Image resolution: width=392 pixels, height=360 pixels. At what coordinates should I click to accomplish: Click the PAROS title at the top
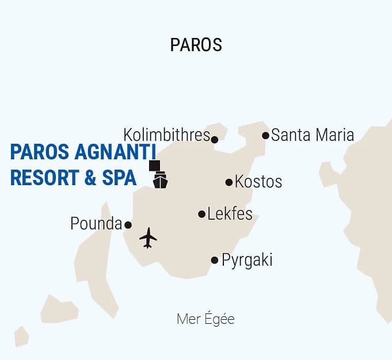tap(196, 45)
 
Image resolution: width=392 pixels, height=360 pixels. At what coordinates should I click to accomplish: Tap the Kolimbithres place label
tap(166, 135)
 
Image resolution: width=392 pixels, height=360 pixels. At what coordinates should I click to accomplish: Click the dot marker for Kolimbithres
tap(215, 139)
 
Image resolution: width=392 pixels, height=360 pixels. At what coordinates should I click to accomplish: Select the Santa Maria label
tap(312, 135)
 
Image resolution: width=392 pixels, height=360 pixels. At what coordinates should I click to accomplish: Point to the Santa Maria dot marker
tap(265, 136)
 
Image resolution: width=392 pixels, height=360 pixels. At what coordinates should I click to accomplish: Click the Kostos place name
tap(258, 182)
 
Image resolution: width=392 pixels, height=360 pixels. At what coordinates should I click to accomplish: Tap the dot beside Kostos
tap(229, 182)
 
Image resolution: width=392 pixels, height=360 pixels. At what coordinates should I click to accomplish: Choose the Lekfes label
tap(230, 214)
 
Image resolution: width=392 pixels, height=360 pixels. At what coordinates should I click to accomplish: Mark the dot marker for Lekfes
tap(201, 215)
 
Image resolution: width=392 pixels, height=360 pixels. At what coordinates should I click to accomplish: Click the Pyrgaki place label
tap(247, 260)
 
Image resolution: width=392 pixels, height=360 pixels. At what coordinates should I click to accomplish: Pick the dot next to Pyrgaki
tap(215, 260)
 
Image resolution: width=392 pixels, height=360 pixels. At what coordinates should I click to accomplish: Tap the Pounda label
tap(96, 224)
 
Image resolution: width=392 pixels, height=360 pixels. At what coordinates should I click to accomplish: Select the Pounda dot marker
tap(128, 225)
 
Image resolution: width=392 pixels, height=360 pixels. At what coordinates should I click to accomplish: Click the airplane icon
tap(148, 238)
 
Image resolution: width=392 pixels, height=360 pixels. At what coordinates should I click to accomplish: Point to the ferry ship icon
tap(160, 181)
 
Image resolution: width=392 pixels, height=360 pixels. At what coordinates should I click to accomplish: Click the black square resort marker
tap(154, 166)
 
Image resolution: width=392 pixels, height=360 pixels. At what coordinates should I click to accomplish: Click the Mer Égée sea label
tap(205, 319)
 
